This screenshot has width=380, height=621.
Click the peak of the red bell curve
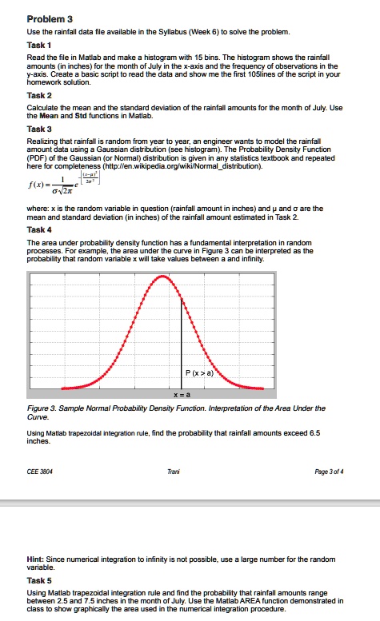[x=163, y=277]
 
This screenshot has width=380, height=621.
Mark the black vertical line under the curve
[x=181, y=344]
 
